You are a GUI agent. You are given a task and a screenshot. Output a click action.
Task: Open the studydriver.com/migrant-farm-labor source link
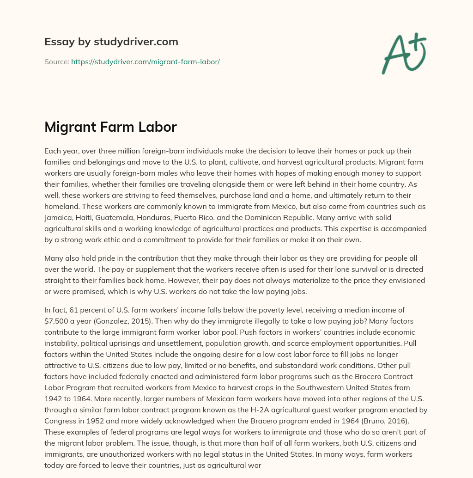[x=145, y=61]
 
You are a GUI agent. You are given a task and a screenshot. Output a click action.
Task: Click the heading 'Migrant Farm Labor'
[x=110, y=127]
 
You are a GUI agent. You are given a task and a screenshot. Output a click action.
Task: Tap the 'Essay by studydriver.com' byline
[x=111, y=42]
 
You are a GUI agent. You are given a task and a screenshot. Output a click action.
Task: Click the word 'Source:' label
[x=56, y=61]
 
